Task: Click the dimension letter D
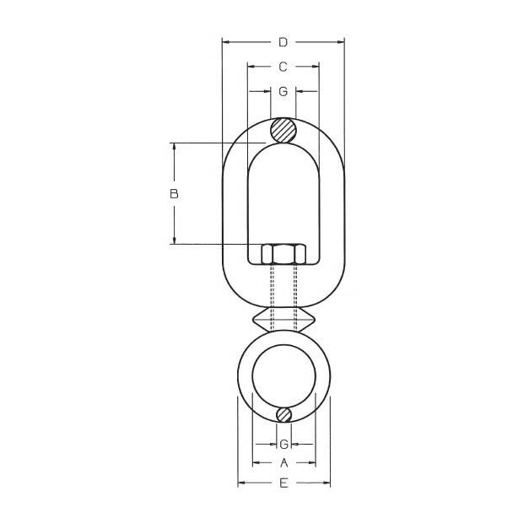tap(283, 42)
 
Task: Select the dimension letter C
tap(283, 67)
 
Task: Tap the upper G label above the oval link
tap(283, 91)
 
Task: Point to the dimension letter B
tap(174, 194)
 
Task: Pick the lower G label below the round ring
tap(284, 445)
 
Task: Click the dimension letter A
tap(284, 463)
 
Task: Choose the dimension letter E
tap(283, 483)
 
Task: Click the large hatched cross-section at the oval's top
tap(283, 130)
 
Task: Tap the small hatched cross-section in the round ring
tap(283, 414)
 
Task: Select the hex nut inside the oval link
tap(283, 253)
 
